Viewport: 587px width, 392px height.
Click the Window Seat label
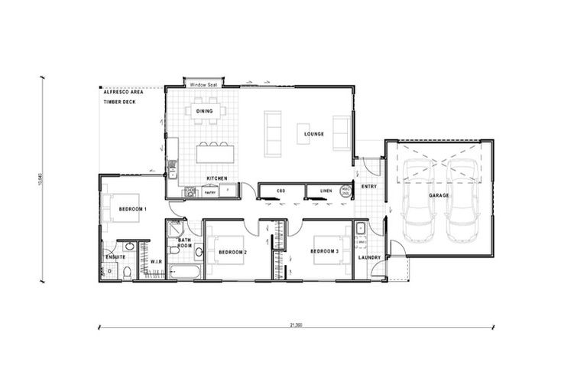tap(205, 84)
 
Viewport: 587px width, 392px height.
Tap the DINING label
tap(204, 111)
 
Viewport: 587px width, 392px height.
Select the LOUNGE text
tap(313, 134)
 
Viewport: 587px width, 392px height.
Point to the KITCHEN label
tap(216, 178)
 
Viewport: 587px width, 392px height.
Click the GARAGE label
tap(439, 195)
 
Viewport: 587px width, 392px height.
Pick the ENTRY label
tap(368, 186)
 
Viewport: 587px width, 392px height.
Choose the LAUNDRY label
tap(369, 256)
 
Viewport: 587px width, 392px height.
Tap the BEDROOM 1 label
tap(134, 209)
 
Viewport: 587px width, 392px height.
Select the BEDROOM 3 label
tap(324, 251)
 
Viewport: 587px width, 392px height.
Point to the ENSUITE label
tap(115, 256)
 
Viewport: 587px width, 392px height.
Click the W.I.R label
tap(156, 262)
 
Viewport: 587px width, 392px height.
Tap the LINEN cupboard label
tap(325, 190)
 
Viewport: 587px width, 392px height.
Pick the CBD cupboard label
tap(281, 190)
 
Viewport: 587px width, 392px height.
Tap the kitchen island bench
tap(215, 153)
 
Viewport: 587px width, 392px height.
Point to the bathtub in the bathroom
tap(185, 272)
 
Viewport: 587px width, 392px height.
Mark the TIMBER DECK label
tap(120, 102)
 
